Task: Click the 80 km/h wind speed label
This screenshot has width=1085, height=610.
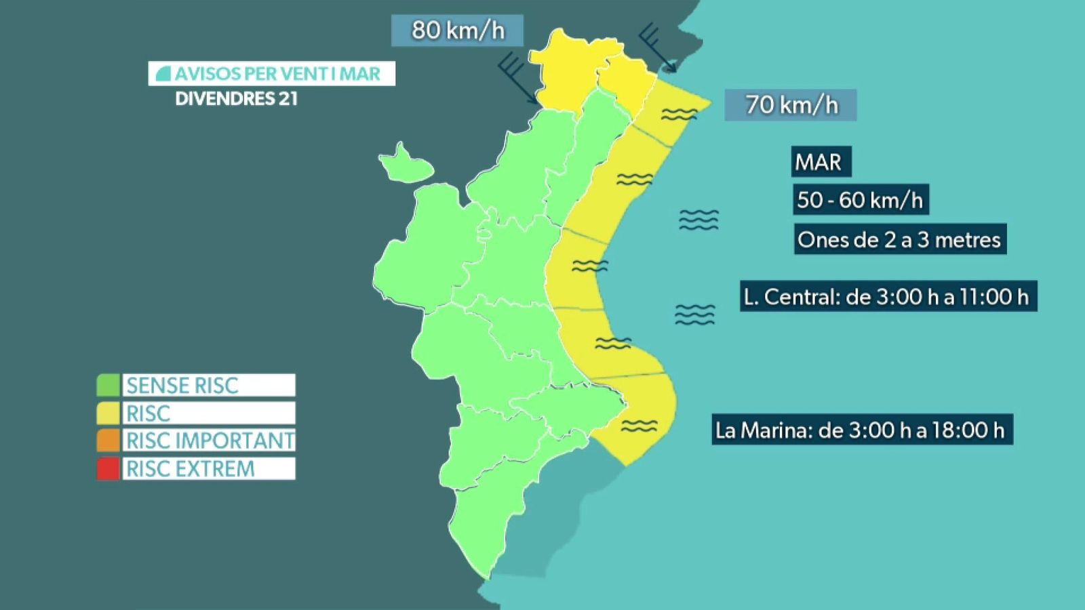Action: click(458, 30)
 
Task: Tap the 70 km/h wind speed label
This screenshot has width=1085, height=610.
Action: click(791, 105)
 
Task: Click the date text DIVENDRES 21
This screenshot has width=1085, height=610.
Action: click(236, 99)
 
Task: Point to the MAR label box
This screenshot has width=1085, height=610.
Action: click(818, 162)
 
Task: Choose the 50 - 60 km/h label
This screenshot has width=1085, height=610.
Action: click(860, 200)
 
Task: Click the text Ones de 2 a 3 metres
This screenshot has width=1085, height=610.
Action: click(899, 239)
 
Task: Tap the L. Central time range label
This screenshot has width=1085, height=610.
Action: click(886, 296)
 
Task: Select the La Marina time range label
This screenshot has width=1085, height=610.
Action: click(861, 430)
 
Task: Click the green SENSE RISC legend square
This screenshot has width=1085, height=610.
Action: click(108, 385)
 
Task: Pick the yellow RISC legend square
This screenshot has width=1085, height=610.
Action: click(108, 413)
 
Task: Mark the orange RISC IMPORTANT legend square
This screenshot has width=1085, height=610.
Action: click(108, 441)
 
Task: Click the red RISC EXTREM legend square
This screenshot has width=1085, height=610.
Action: click(108, 468)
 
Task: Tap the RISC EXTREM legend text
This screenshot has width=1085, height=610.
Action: click(191, 468)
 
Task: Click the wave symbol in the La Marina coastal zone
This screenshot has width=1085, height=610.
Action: click(639, 426)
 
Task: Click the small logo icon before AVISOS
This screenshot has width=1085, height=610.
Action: click(163, 74)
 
